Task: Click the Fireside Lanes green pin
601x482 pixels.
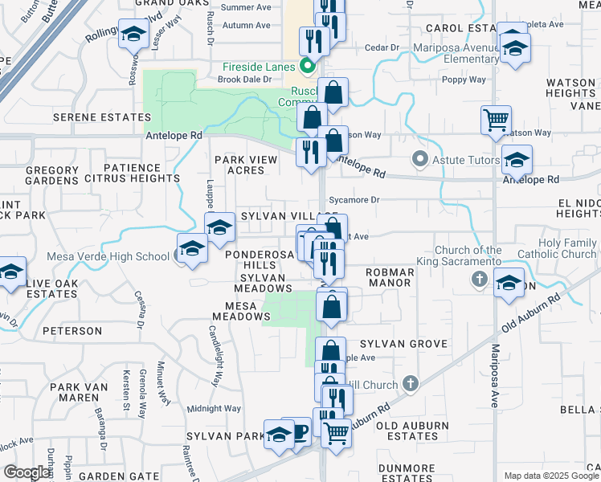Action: (306, 66)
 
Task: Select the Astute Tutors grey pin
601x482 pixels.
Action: (419, 160)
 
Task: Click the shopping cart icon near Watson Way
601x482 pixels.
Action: (497, 120)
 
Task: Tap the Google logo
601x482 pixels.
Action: (27, 472)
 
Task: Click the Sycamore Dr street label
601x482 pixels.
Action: (358, 199)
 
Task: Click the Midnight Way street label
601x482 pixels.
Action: (215, 408)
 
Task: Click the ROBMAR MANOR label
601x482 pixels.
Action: (390, 278)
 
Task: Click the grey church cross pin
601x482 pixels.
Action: (479, 279)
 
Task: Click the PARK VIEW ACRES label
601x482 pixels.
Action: (246, 165)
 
